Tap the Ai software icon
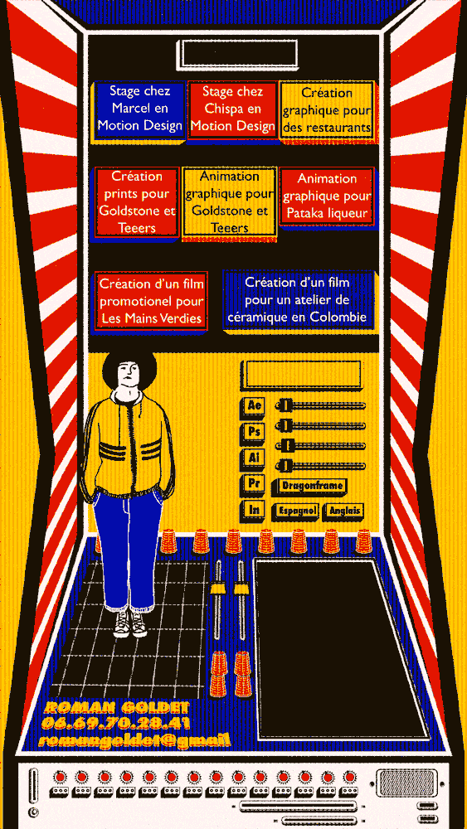tap(254, 458)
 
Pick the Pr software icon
tap(254, 484)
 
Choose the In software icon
tap(254, 510)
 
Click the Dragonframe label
tap(312, 486)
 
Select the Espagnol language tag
tap(295, 511)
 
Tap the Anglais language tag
tap(343, 511)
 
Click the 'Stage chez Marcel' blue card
tap(139, 109)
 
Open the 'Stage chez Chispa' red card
tap(232, 109)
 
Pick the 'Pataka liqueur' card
tap(327, 196)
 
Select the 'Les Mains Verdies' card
tap(150, 301)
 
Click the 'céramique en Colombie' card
tap(299, 301)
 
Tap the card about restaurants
tap(326, 111)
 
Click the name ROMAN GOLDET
tap(117, 707)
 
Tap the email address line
tap(133, 740)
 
